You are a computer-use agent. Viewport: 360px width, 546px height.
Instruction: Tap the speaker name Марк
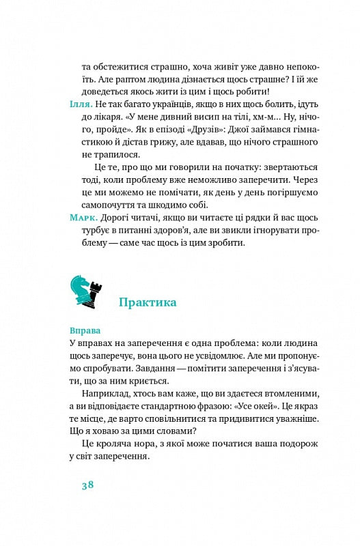tap(84, 217)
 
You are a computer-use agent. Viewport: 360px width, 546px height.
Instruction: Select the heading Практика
tap(148, 302)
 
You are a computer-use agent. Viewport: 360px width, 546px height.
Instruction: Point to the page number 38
tap(87, 485)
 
